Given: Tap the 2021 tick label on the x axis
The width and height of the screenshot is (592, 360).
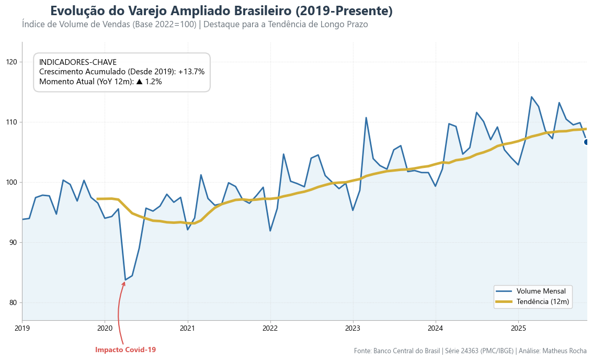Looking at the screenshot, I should (187, 329).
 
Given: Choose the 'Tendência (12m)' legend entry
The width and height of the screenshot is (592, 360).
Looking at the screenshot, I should (542, 301).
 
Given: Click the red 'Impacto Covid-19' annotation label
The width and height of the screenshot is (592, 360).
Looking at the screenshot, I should (126, 350).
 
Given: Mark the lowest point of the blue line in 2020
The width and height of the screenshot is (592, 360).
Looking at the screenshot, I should (125, 280).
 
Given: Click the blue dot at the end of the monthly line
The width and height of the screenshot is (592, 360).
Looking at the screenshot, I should (587, 142).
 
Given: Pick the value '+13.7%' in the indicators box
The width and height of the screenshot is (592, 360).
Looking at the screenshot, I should (191, 72).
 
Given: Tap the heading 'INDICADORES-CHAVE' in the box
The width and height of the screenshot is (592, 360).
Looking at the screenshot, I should (78, 62).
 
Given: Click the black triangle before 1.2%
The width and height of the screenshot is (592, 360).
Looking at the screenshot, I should (139, 82).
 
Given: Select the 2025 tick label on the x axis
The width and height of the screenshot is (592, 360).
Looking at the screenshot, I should (518, 329).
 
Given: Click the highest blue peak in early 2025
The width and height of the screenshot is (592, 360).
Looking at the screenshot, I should (531, 97).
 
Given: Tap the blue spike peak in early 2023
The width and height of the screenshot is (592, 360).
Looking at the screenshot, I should (366, 118).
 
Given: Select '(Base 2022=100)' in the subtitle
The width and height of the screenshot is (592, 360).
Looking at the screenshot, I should (165, 25).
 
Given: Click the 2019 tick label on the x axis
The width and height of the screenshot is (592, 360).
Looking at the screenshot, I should (22, 329).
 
